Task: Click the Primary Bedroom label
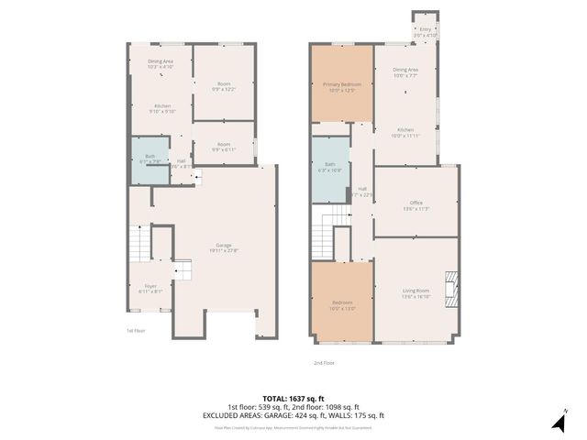pyautogui.click(x=341, y=87)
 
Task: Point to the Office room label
pyautogui.click(x=415, y=205)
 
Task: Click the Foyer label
pyautogui.click(x=150, y=289)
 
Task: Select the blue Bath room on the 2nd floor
pyautogui.click(x=329, y=169)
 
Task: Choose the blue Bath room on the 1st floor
pyautogui.click(x=150, y=158)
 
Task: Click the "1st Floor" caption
pyautogui.click(x=135, y=331)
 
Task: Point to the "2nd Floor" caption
pyautogui.click(x=324, y=363)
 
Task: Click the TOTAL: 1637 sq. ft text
pyautogui.click(x=293, y=398)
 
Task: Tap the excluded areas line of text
pyautogui.click(x=293, y=415)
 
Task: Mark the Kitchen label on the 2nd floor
pyautogui.click(x=405, y=132)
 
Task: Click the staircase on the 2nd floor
pyautogui.click(x=331, y=218)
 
